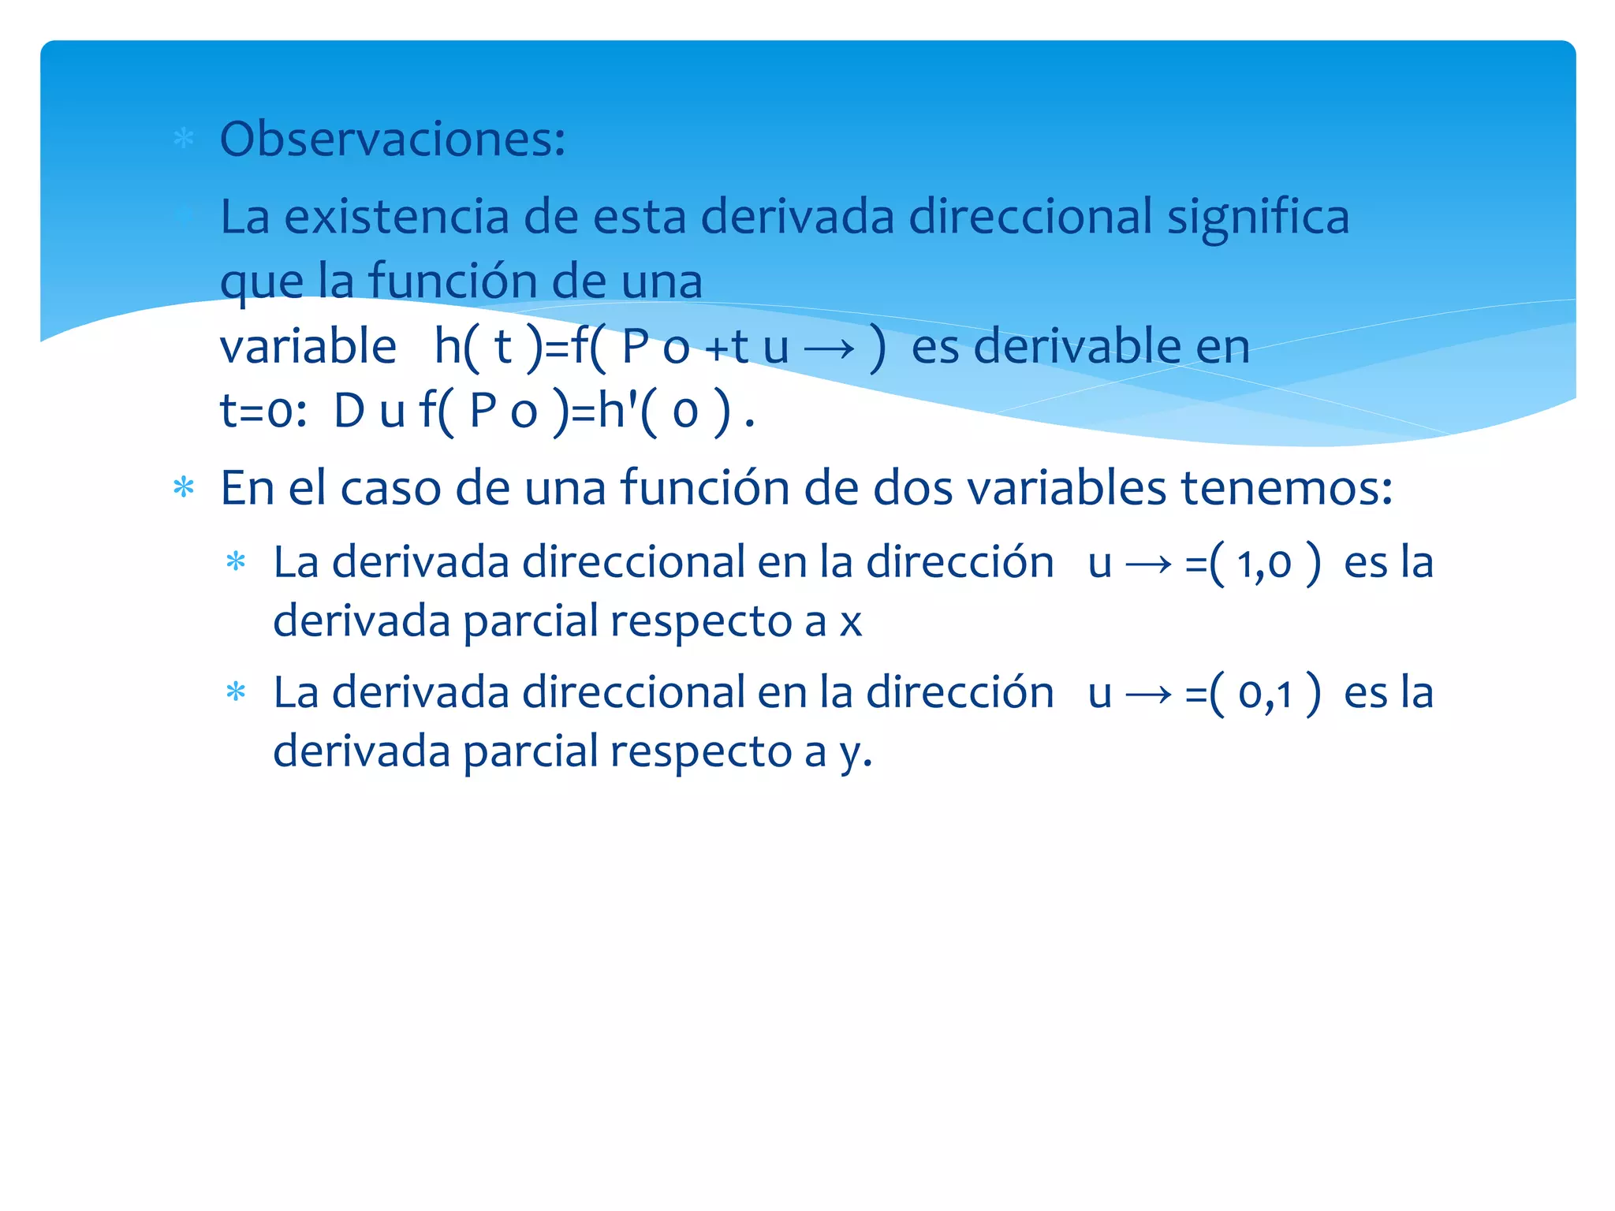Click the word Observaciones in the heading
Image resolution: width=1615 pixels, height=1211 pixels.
pyautogui.click(x=391, y=140)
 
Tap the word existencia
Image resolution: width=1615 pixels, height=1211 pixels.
pyautogui.click(x=397, y=217)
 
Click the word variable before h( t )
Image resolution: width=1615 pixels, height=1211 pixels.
pyautogui.click(x=308, y=347)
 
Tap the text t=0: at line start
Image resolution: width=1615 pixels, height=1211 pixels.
pyautogui.click(x=263, y=412)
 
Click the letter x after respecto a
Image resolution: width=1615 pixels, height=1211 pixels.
pyautogui.click(x=851, y=623)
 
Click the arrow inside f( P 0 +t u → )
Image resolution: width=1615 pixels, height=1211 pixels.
pyautogui.click(x=830, y=348)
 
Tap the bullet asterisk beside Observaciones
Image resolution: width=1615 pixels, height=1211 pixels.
pyautogui.click(x=184, y=140)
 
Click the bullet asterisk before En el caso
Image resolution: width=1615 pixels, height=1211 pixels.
pyautogui.click(x=184, y=488)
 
